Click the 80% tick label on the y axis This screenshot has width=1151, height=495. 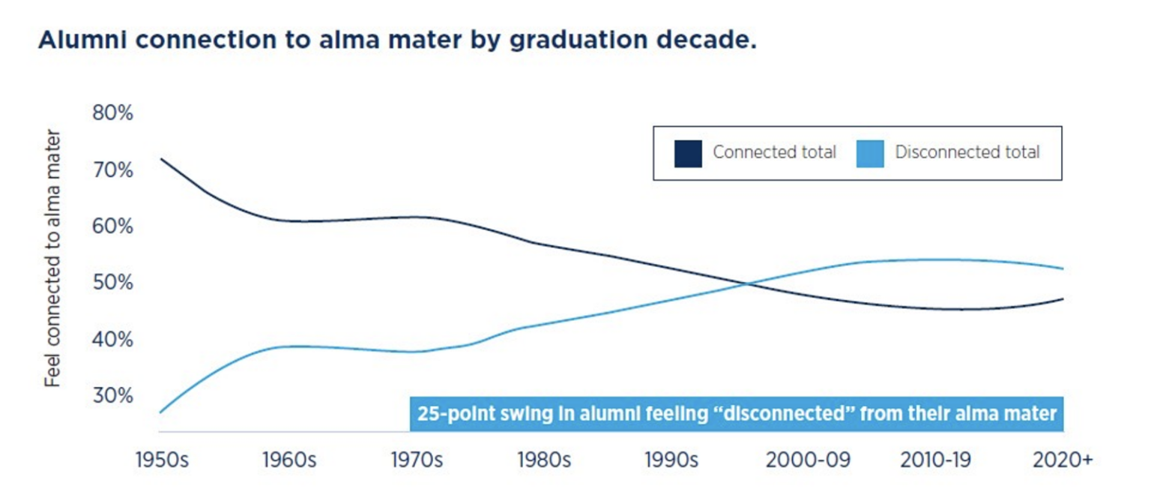pos(112,113)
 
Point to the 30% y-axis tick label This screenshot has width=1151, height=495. pos(112,395)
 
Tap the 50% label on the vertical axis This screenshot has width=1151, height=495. pos(112,283)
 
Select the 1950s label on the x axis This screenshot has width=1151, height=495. pos(162,460)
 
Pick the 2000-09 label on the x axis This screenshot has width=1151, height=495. pos(808,460)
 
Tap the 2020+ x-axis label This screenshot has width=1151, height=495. pos(1062,460)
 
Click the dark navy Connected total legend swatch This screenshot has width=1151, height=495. pos(688,153)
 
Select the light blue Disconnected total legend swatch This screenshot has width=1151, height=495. pos(870,153)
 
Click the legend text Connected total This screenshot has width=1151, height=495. pos(774,152)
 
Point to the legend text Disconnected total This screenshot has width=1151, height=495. pos(967,152)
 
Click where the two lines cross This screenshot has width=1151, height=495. pos(746,283)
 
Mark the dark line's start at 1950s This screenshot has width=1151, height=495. pos(160,159)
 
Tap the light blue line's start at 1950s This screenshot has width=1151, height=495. pos(160,412)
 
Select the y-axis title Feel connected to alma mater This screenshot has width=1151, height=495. pos(52,258)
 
